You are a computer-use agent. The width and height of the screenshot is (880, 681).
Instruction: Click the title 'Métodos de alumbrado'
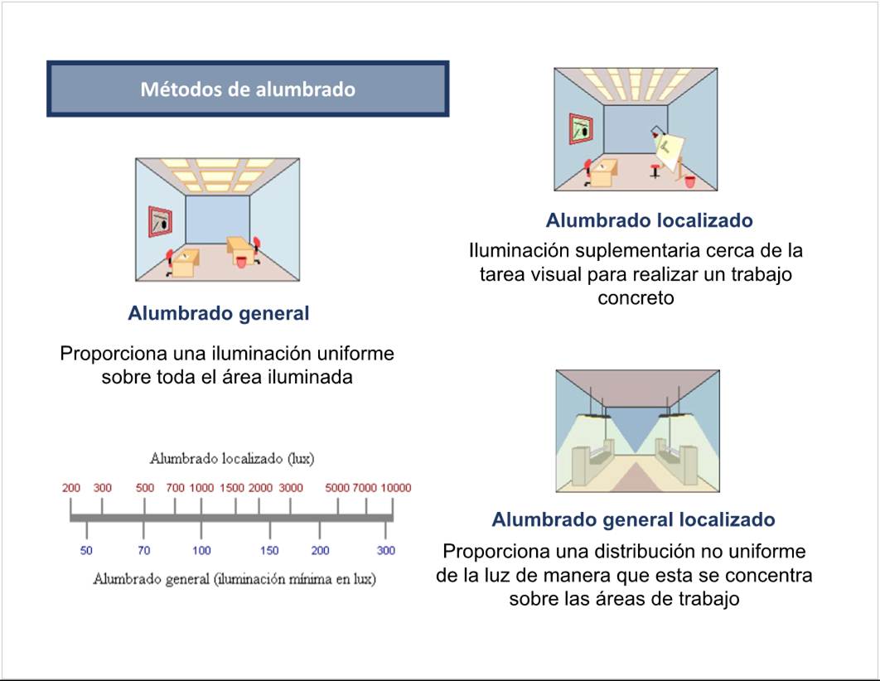(x=247, y=89)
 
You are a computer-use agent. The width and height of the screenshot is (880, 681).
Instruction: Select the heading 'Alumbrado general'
(x=218, y=314)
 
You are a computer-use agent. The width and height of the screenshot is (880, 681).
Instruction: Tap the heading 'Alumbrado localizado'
(x=649, y=220)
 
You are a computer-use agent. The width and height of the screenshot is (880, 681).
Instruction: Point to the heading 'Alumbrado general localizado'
(x=633, y=519)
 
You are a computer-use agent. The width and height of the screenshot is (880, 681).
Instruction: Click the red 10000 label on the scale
(x=395, y=488)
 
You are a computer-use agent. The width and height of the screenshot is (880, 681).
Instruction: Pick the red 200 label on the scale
(x=71, y=488)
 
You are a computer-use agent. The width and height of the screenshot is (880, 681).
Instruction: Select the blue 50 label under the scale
(x=86, y=551)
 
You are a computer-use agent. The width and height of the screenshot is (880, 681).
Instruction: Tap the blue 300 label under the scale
(x=386, y=551)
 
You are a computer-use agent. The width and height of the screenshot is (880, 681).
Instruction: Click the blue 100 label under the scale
(x=201, y=551)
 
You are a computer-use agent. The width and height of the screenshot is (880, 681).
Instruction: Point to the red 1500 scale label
(x=232, y=488)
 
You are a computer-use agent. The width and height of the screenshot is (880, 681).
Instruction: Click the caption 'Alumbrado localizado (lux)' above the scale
(x=231, y=458)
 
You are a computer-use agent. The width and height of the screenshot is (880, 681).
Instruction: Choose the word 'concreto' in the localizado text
(x=636, y=298)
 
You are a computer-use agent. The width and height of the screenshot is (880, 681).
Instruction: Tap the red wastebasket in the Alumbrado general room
(x=241, y=260)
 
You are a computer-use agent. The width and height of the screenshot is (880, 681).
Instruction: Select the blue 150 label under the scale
(x=269, y=551)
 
